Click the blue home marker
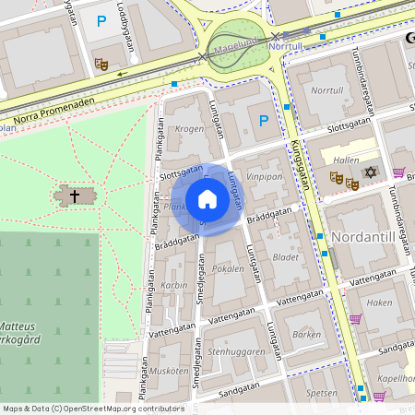tap(207, 199)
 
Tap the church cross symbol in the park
tap(75, 196)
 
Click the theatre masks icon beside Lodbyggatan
tap(101, 64)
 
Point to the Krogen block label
tap(189, 129)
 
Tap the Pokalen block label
tap(229, 269)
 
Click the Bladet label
tap(287, 258)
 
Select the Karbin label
tap(174, 286)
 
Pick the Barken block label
tap(305, 335)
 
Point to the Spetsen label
tap(322, 392)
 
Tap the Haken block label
tap(379, 302)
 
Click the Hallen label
tap(346, 160)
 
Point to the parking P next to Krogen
tap(264, 121)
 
